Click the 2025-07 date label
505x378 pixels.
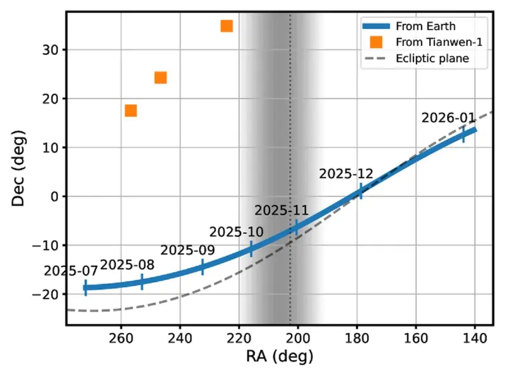71,271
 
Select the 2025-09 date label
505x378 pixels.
187,250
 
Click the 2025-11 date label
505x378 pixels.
282,211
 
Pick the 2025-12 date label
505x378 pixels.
346,174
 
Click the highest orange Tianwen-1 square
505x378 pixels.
227,26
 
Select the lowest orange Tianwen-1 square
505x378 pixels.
131,110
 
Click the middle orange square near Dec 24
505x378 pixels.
160,78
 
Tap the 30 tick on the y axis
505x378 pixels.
49,50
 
